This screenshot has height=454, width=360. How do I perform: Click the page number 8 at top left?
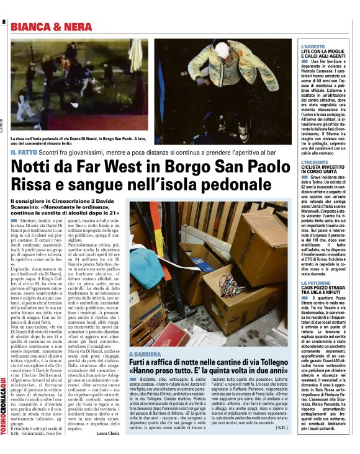pos(4,22)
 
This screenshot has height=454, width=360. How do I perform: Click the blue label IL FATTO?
pos(25,152)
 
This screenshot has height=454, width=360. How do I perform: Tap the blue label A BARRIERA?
pos(146,354)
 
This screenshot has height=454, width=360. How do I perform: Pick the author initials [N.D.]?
pos(281,427)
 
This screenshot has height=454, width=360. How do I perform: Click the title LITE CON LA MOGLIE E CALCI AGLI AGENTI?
pos(323,55)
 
